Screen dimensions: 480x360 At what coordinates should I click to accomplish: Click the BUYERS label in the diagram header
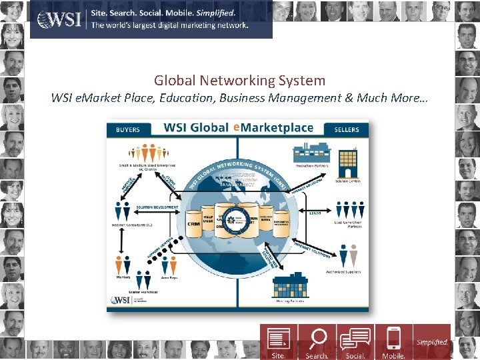(x=129, y=129)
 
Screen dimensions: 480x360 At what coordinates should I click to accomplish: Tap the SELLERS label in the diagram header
(x=347, y=129)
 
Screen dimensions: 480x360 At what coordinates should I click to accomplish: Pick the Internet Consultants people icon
(x=123, y=211)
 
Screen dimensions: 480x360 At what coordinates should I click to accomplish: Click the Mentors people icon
(x=122, y=263)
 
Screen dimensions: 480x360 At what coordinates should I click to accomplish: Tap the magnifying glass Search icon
(x=317, y=339)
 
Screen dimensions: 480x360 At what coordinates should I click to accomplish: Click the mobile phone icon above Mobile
(x=394, y=339)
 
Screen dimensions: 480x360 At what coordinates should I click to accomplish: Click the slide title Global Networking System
(x=239, y=81)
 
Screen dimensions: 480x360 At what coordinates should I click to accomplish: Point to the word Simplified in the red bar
(x=432, y=343)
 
